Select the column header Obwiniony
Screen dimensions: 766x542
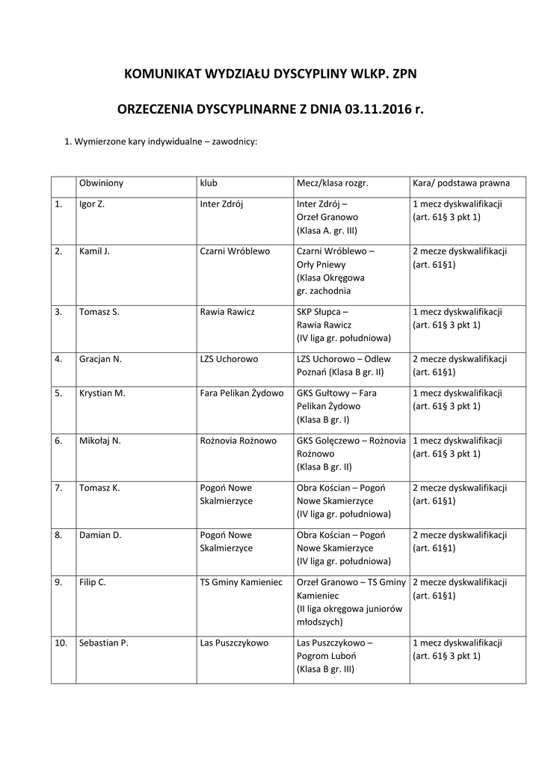(101, 183)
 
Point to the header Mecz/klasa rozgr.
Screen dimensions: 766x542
(333, 183)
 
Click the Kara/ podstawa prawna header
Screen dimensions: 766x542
(461, 183)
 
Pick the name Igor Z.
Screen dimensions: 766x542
(91, 203)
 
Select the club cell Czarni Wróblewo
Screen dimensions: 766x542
(235, 251)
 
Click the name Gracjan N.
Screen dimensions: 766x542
(100, 359)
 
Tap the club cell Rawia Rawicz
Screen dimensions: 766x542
(227, 312)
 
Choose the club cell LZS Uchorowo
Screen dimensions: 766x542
(229, 359)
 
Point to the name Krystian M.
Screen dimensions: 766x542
(102, 393)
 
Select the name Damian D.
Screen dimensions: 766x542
(100, 535)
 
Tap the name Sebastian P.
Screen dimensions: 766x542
(104, 643)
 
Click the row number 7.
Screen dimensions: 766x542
(58, 488)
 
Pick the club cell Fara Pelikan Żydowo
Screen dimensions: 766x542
(241, 393)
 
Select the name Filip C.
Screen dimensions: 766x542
(93, 582)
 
